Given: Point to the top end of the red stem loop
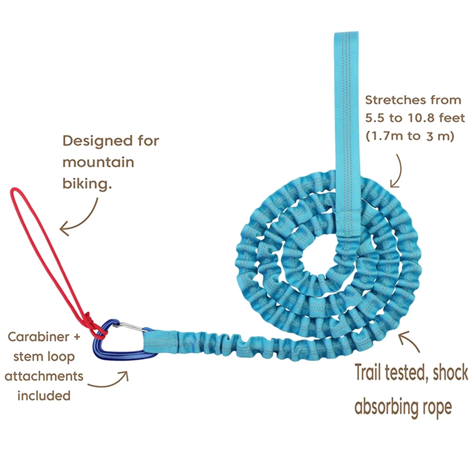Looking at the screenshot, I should (x=16, y=191).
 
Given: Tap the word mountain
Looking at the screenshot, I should (x=98, y=162).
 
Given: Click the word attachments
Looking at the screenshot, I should (x=44, y=376).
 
